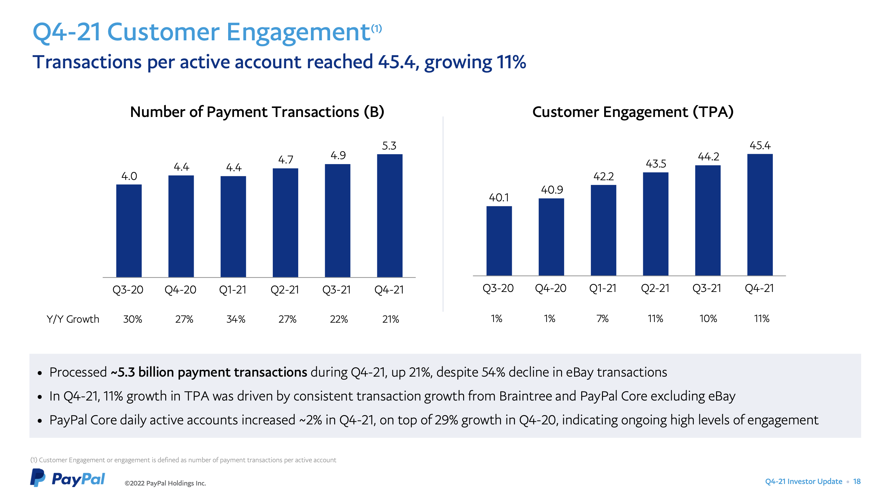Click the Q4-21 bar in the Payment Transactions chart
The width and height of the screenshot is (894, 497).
pyautogui.click(x=389, y=215)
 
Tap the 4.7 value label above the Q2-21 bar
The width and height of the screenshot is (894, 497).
pyautogui.click(x=285, y=160)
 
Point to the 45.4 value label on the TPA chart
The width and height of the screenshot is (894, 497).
pyautogui.click(x=760, y=145)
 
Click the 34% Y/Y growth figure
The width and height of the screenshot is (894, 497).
pyautogui.click(x=236, y=319)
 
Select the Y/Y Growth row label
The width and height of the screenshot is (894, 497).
pyautogui.click(x=73, y=319)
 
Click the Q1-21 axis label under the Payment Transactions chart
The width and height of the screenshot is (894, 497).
pyautogui.click(x=232, y=289)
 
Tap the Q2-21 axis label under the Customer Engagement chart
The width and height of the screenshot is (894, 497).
pyautogui.click(x=655, y=288)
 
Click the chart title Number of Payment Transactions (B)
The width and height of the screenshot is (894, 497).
pyautogui.click(x=257, y=112)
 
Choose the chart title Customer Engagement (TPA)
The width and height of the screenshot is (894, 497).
pyautogui.click(x=632, y=112)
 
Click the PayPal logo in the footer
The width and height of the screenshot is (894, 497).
pyautogui.click(x=67, y=478)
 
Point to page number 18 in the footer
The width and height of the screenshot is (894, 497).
pyautogui.click(x=856, y=481)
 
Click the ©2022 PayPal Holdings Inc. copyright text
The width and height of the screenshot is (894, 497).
pyautogui.click(x=165, y=483)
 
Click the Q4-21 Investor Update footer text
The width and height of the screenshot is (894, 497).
pyautogui.click(x=803, y=481)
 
